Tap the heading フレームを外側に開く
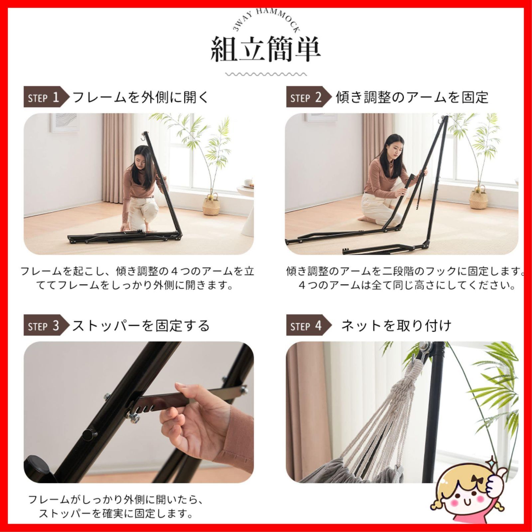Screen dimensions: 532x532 [140, 97]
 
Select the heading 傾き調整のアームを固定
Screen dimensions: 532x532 [412, 97]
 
